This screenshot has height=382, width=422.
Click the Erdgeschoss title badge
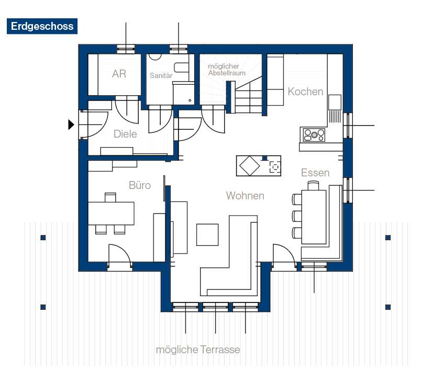pyautogui.click(x=41, y=26)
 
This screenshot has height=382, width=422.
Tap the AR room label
pyautogui.click(x=119, y=74)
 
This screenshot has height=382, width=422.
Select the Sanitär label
pyautogui.click(x=161, y=76)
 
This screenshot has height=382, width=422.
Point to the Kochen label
pyautogui.click(x=305, y=92)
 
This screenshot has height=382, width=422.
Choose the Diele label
pyautogui.click(x=125, y=134)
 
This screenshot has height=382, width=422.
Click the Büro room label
pyautogui.click(x=140, y=185)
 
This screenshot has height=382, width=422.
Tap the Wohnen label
pyautogui.click(x=245, y=196)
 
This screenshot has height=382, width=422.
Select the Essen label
pyautogui.click(x=315, y=173)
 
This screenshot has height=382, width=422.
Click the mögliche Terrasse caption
pyautogui.click(x=198, y=350)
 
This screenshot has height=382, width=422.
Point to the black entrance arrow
pyautogui.click(x=71, y=125)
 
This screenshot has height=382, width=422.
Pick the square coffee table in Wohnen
pyautogui.click(x=207, y=234)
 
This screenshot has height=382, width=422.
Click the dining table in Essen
pyautogui.click(x=316, y=216)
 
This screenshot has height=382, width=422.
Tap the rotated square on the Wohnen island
pyautogui.click(x=249, y=167)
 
